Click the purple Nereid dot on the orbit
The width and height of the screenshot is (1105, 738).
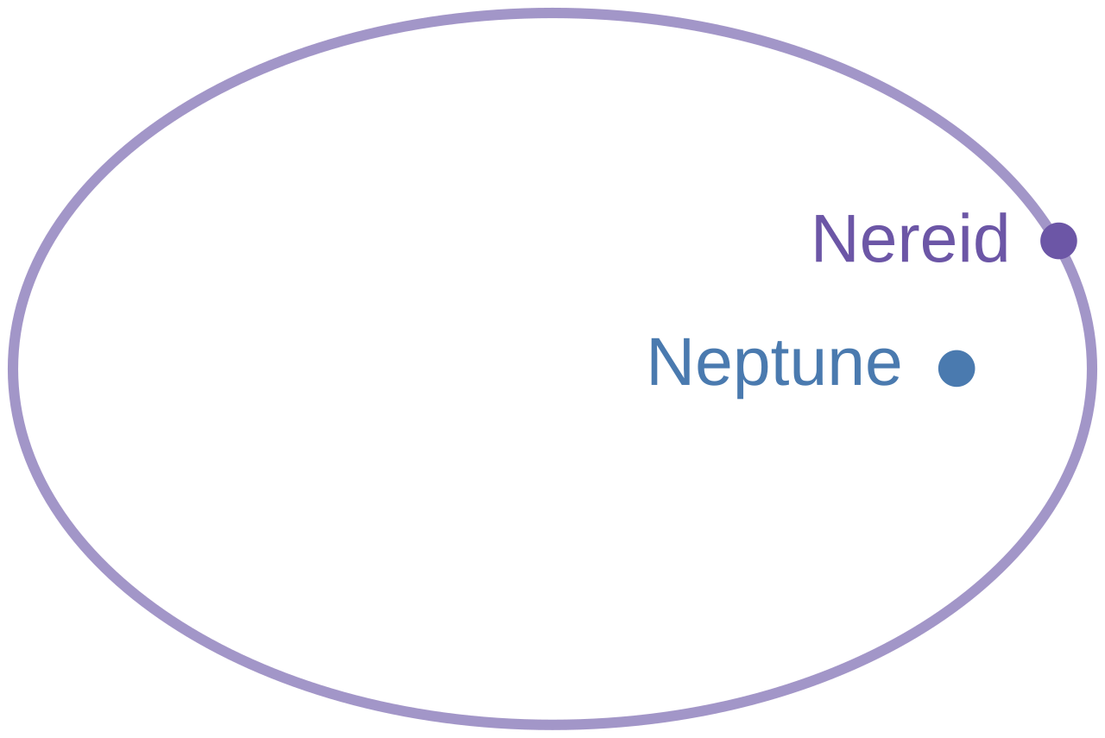1058,241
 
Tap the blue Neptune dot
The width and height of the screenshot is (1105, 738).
957,369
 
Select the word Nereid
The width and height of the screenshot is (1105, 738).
911,239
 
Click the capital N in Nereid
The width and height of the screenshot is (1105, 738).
835,239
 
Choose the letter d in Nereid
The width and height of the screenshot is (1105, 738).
990,237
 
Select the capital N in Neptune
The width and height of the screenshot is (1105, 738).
670,363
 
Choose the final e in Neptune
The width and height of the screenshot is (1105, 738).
883,369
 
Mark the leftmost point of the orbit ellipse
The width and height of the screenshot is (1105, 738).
13,369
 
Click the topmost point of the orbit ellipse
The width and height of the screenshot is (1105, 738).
552,13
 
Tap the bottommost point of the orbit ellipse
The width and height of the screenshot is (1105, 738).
552,725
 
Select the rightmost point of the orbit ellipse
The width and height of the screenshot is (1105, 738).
1092,369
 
